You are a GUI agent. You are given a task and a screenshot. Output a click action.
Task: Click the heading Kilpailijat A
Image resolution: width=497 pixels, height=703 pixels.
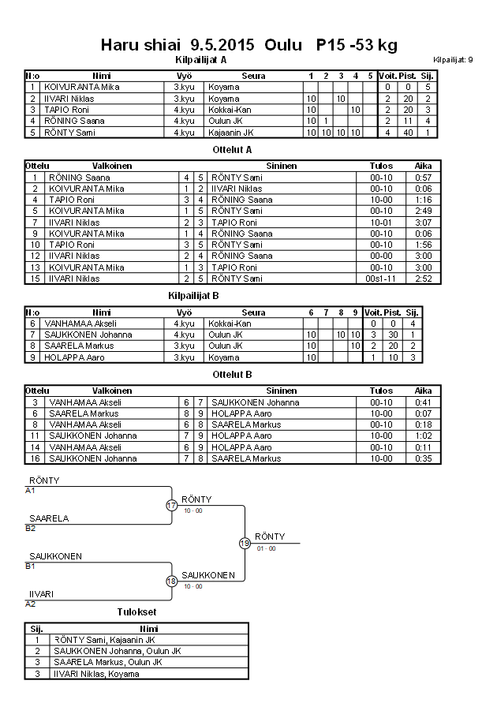tap(200, 59)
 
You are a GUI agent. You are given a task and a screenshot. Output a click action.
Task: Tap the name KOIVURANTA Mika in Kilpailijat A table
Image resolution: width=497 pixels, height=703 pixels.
tap(82, 87)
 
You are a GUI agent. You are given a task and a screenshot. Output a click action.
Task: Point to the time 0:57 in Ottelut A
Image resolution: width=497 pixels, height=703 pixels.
tap(424, 178)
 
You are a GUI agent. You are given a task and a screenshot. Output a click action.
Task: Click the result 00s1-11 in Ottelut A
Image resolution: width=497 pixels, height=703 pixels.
tap(381, 279)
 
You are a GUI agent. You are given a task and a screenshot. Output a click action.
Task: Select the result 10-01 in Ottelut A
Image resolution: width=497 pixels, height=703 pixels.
tap(381, 222)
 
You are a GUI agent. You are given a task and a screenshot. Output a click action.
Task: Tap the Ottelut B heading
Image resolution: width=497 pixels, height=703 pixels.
tap(233, 374)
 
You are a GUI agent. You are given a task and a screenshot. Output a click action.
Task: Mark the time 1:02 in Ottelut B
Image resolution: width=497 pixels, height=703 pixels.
tap(424, 436)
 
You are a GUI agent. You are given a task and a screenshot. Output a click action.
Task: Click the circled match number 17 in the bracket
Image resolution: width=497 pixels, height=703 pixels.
tap(172, 506)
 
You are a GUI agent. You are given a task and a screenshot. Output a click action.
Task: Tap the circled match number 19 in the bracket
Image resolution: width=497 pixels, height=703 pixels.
tap(245, 543)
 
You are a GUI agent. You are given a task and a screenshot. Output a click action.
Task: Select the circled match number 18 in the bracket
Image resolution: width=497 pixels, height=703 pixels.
tap(172, 581)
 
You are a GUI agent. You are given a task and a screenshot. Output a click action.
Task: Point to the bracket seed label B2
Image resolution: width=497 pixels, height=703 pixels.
tap(31, 528)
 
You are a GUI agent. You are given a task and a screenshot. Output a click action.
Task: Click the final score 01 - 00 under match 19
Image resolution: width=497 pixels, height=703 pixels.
tap(265, 548)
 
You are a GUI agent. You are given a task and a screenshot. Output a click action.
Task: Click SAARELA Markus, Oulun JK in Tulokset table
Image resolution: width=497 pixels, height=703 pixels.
tap(107, 662)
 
